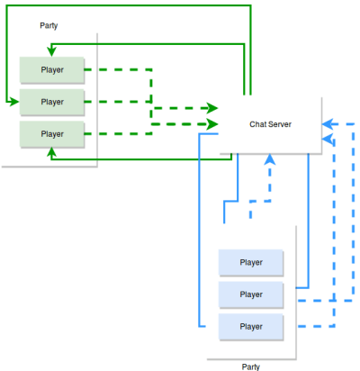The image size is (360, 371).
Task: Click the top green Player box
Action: (52, 70)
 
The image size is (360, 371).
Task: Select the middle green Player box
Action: (52, 102)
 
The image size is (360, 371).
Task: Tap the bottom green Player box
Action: (52, 134)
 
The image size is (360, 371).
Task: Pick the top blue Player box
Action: (251, 263)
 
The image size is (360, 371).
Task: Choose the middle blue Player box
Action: (251, 294)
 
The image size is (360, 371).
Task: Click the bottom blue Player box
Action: (251, 327)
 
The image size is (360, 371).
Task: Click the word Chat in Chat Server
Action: (255, 124)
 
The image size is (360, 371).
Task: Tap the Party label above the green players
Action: (49, 26)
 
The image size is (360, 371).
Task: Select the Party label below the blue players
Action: (251, 366)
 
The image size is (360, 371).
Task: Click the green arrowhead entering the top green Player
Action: (51, 51)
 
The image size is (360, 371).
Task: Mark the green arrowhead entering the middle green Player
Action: (13, 102)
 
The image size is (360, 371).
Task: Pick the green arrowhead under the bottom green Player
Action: (51, 152)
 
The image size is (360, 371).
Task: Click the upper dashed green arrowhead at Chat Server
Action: (212, 108)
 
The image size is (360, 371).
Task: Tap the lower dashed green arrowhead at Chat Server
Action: (212, 124)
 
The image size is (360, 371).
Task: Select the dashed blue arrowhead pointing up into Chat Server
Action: (270, 159)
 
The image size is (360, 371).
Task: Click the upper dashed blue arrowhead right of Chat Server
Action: (328, 123)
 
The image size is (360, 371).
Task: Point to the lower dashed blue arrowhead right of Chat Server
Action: (328, 140)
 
